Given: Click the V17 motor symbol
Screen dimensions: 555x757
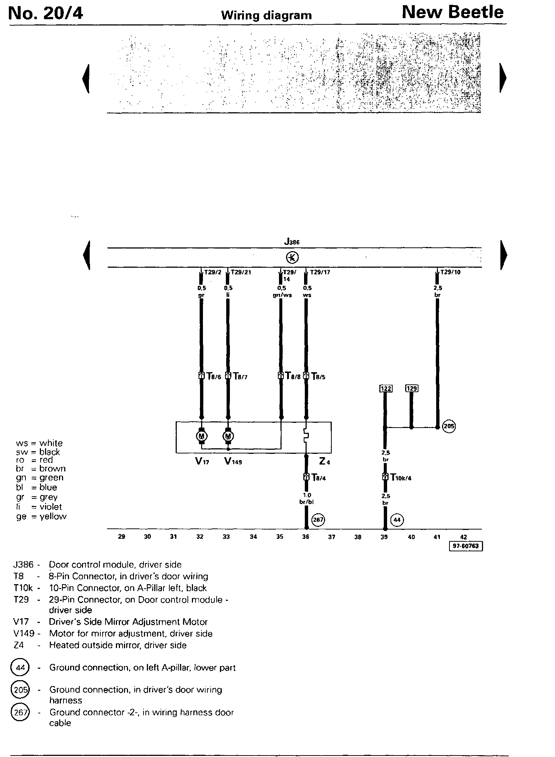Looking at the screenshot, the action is pyautogui.click(x=201, y=436).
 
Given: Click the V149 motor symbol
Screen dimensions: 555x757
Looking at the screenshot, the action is pyautogui.click(x=228, y=436).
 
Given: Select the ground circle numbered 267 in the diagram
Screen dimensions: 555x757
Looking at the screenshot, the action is pyautogui.click(x=318, y=520).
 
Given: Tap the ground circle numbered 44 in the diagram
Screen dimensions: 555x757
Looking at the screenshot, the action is pyautogui.click(x=397, y=520).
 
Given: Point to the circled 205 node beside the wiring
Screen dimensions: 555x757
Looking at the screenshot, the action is pyautogui.click(x=449, y=427).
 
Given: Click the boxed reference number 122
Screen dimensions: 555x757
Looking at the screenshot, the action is pyautogui.click(x=386, y=388).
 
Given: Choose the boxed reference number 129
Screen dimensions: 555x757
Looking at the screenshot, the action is pyautogui.click(x=411, y=388).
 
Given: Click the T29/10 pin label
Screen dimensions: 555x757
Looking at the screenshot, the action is pyautogui.click(x=450, y=272).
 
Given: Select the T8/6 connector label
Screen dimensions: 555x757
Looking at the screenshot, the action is pyautogui.click(x=214, y=377).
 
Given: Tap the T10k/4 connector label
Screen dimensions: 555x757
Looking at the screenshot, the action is pyautogui.click(x=401, y=478).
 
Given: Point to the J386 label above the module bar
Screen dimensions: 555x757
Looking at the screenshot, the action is pyautogui.click(x=292, y=242).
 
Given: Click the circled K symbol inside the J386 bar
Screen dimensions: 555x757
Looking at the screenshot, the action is pyautogui.click(x=292, y=257).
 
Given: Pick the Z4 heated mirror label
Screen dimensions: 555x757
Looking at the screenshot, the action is pyautogui.click(x=324, y=461).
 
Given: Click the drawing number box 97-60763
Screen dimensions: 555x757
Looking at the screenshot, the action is pyautogui.click(x=466, y=546).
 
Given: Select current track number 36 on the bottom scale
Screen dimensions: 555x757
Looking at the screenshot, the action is pyautogui.click(x=306, y=537).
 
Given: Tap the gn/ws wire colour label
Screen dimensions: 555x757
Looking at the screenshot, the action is pyautogui.click(x=282, y=295).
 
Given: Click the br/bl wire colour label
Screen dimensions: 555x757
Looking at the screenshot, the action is pyautogui.click(x=307, y=502).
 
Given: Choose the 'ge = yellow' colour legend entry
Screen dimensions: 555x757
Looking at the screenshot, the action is pyautogui.click(x=41, y=517).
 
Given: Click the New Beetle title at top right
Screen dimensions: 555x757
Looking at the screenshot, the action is pyautogui.click(x=452, y=13).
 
